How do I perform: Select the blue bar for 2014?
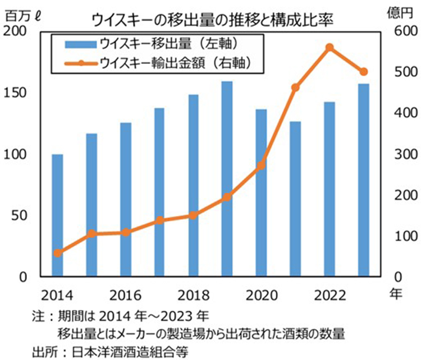57,215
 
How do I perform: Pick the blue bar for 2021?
295,199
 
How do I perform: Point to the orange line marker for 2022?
330,48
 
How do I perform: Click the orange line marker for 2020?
261,165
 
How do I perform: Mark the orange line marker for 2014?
57,253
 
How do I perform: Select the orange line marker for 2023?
363,72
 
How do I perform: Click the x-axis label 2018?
193,295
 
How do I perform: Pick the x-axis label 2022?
330,295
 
